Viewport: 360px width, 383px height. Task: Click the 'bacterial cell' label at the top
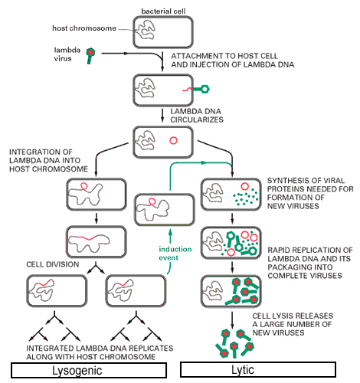click(x=163, y=11)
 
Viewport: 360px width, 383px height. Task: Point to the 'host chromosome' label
click(x=84, y=28)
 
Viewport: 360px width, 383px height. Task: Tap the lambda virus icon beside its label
click(x=90, y=55)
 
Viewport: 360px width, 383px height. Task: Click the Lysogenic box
click(x=89, y=370)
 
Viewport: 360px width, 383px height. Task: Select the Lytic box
click(x=258, y=369)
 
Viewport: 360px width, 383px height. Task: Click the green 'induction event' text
click(x=175, y=254)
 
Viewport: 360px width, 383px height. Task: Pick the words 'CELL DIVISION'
click(x=53, y=264)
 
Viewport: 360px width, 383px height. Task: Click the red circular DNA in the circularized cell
click(x=173, y=140)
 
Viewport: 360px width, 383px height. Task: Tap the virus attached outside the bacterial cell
click(x=201, y=89)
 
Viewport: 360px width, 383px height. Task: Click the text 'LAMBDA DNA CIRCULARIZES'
click(x=197, y=116)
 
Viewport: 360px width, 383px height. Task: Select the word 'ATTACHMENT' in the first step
click(x=193, y=56)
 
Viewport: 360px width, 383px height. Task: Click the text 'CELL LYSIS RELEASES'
click(x=293, y=316)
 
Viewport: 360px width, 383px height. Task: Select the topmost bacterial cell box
click(x=163, y=32)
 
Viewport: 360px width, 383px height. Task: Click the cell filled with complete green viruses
click(x=231, y=291)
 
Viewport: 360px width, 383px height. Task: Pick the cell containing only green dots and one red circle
click(x=231, y=195)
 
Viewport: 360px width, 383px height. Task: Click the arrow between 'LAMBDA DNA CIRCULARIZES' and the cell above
click(x=162, y=116)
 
